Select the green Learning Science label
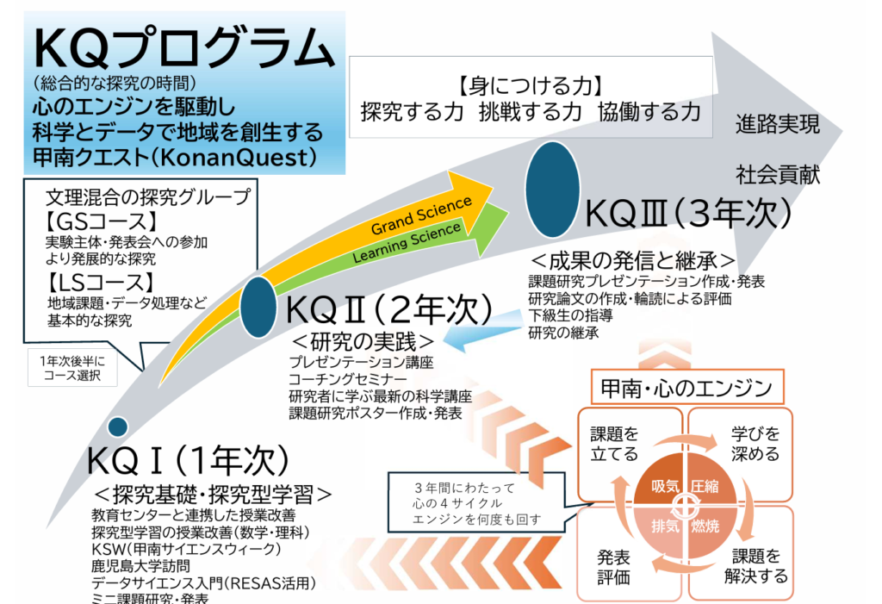coord(407,243)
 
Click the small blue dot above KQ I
coord(117,427)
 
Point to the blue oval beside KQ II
coord(258,307)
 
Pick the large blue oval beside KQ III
coord(552,190)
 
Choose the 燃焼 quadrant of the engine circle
coord(710,529)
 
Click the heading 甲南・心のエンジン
coord(686,388)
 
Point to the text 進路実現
coord(778,124)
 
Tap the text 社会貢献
coord(778,175)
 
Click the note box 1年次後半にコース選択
coord(72,368)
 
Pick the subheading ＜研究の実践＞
coord(363,342)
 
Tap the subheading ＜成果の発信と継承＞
coord(633,260)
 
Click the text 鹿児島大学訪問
coord(140,566)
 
